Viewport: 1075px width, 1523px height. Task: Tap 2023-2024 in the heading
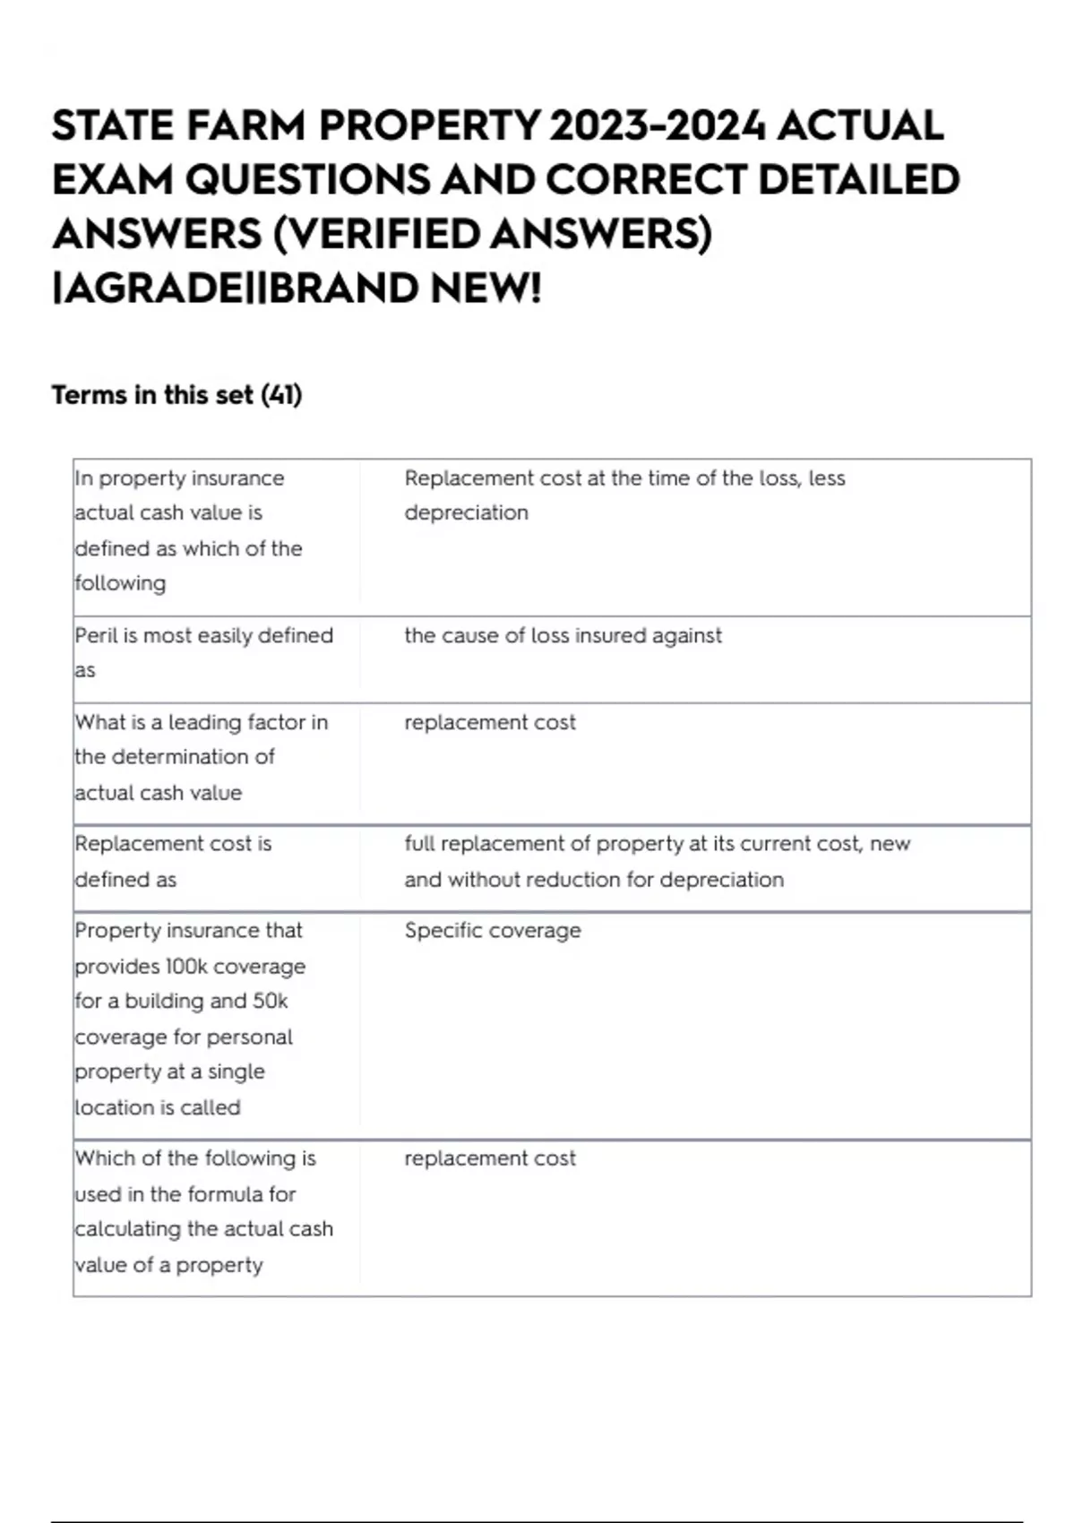tap(658, 125)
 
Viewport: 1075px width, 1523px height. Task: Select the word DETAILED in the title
tap(859, 180)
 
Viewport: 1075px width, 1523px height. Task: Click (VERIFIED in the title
tap(377, 235)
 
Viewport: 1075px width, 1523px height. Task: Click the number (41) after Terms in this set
tap(281, 395)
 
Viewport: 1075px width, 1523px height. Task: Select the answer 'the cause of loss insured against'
tap(563, 635)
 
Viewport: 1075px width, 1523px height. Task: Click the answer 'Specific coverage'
tap(492, 930)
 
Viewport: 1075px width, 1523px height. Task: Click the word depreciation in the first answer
tap(466, 512)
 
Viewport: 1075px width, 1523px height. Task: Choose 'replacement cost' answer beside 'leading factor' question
tap(490, 722)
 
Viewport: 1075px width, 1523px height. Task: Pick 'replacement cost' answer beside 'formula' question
tap(490, 1157)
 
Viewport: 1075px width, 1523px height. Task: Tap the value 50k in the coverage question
tap(270, 1001)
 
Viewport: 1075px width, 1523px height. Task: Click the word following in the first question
tap(120, 583)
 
